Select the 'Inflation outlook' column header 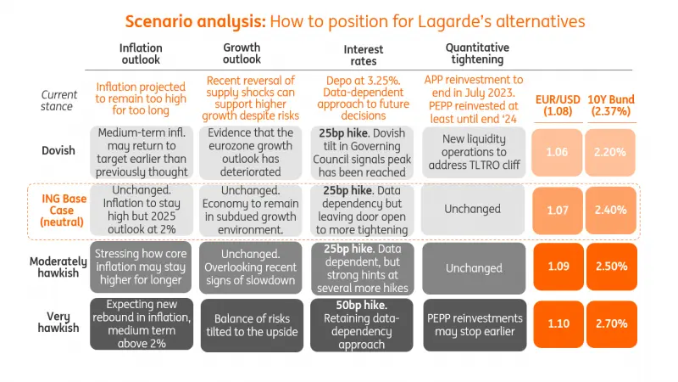click(x=140, y=53)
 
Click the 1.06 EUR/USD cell click(x=557, y=152)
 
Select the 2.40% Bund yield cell click(x=610, y=210)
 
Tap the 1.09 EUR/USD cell click(x=557, y=266)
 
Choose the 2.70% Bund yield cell click(x=610, y=323)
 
